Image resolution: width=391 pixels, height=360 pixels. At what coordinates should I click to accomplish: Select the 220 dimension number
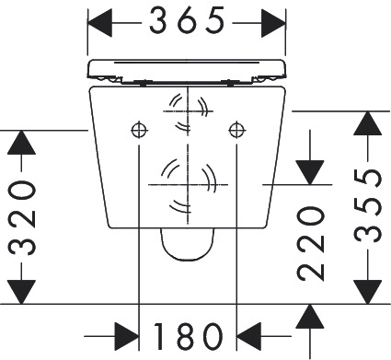point(312,243)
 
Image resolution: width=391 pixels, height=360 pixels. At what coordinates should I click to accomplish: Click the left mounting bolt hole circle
point(138,128)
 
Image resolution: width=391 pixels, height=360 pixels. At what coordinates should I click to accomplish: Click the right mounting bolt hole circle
point(237,128)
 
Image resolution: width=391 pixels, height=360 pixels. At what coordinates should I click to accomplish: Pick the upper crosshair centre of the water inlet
point(187,108)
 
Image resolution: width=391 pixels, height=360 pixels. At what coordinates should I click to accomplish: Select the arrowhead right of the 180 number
point(253,333)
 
